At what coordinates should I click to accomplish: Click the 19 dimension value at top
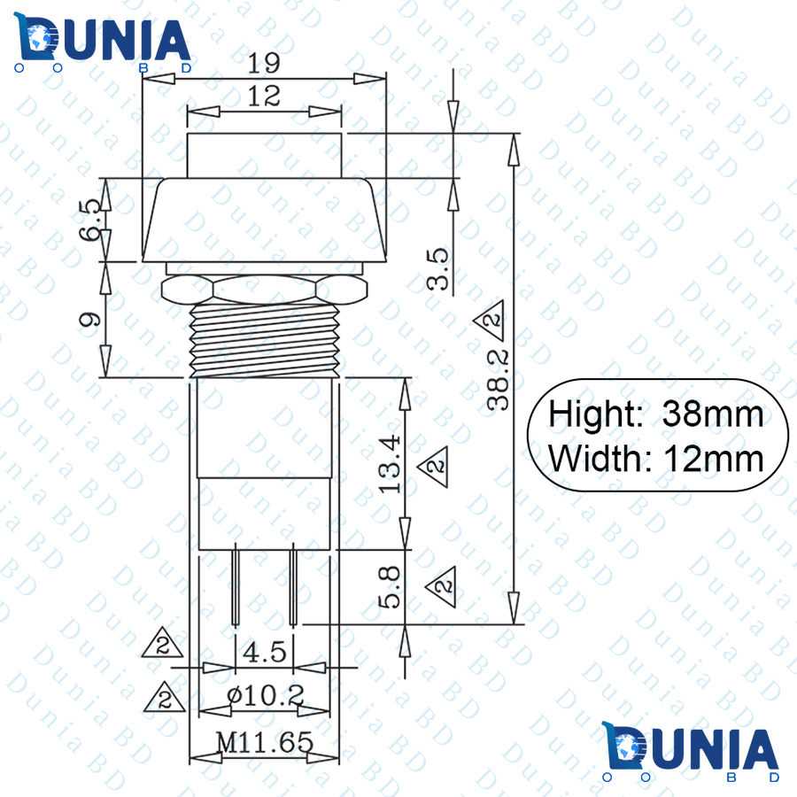[x=263, y=63]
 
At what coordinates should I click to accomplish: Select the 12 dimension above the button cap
[x=264, y=97]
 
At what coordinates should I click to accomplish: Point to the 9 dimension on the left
[x=89, y=320]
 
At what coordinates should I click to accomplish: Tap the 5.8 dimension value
[x=391, y=587]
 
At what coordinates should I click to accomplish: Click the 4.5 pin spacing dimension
[x=264, y=653]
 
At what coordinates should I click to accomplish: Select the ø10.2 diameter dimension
[x=264, y=697]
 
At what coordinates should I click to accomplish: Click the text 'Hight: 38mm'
[x=655, y=414]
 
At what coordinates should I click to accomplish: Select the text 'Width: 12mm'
[x=655, y=459]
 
